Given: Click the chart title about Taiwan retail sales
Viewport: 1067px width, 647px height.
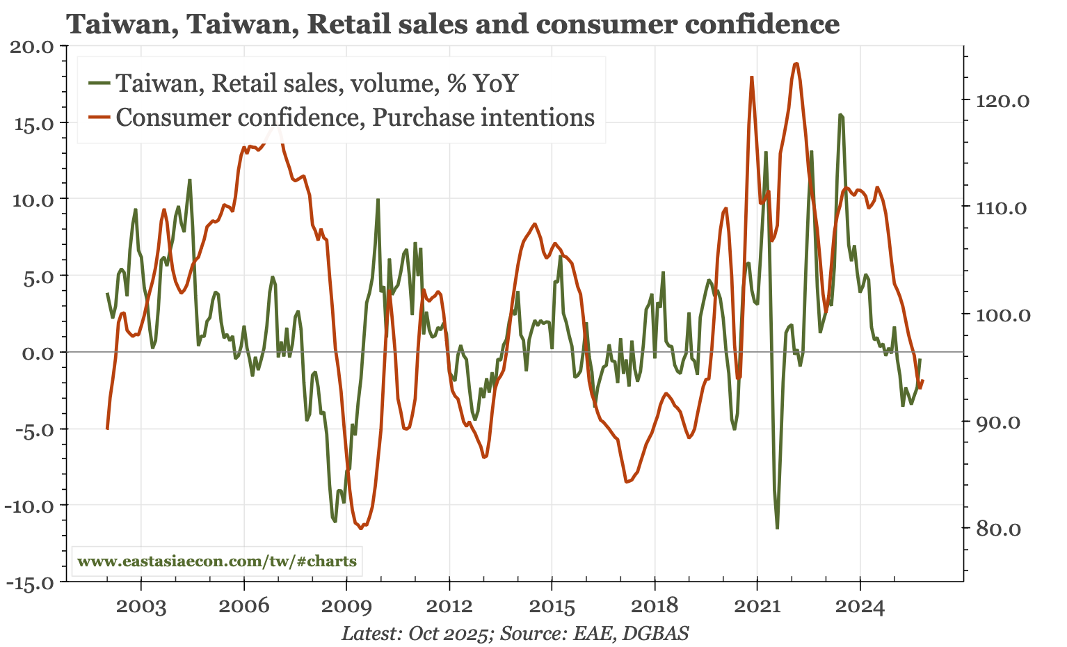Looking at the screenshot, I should pyautogui.click(x=453, y=24).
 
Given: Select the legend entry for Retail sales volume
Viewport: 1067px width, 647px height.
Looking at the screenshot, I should pyautogui.click(x=316, y=83).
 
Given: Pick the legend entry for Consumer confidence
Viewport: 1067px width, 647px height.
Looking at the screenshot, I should pyautogui.click(x=355, y=117).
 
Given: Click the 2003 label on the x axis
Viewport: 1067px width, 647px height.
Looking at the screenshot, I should pyautogui.click(x=141, y=607).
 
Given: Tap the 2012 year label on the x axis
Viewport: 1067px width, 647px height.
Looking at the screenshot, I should pyautogui.click(x=449, y=607).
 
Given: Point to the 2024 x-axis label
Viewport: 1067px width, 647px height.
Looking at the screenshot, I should pyautogui.click(x=860, y=607).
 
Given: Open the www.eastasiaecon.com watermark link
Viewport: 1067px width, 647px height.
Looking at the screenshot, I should pyautogui.click(x=216, y=561).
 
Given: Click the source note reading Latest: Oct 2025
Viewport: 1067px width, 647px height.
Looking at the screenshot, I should pyautogui.click(x=515, y=634).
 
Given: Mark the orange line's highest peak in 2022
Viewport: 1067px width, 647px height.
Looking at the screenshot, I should pyautogui.click(x=796, y=63).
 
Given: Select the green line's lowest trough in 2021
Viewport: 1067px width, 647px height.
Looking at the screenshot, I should pyautogui.click(x=777, y=528).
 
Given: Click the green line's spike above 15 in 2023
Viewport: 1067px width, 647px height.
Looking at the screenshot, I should pyautogui.click(x=840, y=114).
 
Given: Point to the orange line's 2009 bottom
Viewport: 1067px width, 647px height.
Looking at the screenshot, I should pyautogui.click(x=360, y=528).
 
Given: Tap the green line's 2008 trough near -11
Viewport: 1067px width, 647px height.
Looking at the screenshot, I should pyautogui.click(x=335, y=521).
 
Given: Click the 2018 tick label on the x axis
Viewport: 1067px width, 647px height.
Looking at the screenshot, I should pyautogui.click(x=655, y=607).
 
